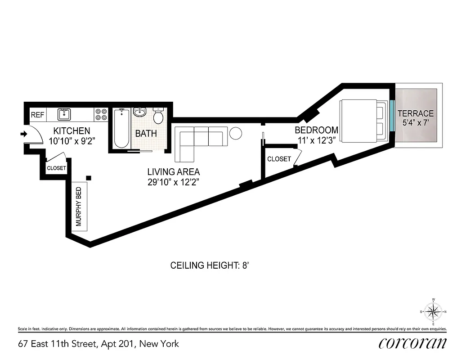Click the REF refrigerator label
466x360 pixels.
coord(37,115)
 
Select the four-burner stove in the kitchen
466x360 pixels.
coord(101,114)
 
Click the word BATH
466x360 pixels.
coord(146,133)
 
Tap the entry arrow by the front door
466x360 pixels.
coord(23,133)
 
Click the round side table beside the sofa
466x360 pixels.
coord(236,133)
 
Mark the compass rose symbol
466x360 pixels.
coord(434,311)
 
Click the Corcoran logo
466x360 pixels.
coord(413,343)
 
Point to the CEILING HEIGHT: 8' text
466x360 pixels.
coord(210,265)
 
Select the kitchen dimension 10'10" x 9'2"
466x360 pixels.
coord(72,140)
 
